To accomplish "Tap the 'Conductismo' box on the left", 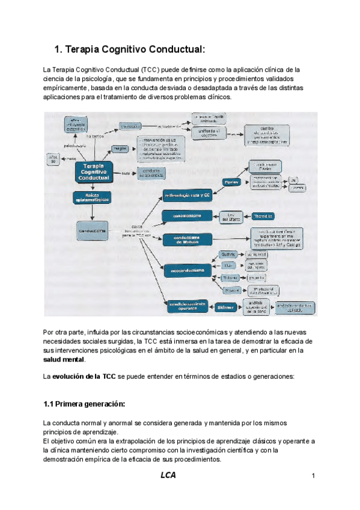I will (93, 230).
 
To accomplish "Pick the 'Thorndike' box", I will (263, 216).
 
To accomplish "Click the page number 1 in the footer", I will (313, 477).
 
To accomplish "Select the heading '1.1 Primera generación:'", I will (84, 403).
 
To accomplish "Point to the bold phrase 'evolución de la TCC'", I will (84, 376).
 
